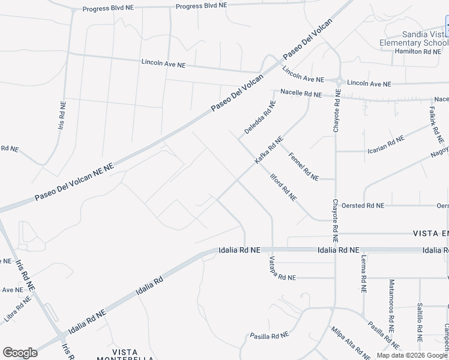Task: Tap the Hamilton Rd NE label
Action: click(417, 52)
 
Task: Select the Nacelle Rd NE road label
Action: click(301, 94)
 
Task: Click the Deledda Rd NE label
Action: click(260, 117)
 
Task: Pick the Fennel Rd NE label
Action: click(303, 166)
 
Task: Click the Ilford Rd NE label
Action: click(284, 188)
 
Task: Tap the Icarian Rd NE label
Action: click(385, 144)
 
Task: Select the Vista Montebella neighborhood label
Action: click(125, 355)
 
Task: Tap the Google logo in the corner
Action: click(20, 353)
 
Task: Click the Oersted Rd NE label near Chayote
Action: click(362, 205)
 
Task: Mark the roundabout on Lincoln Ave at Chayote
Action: click(338, 80)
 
